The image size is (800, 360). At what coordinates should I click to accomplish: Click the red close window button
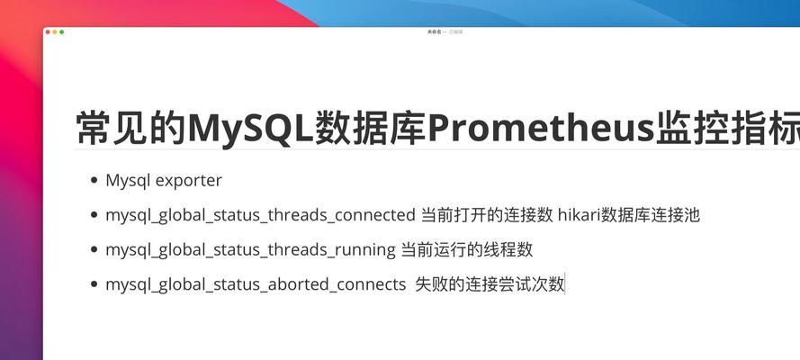(x=48, y=32)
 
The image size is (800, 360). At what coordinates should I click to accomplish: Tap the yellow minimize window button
(x=55, y=32)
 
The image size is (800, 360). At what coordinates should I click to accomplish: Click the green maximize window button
(x=62, y=32)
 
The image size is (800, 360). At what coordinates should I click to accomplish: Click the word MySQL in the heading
(x=250, y=128)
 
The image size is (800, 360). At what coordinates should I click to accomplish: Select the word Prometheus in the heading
(x=540, y=127)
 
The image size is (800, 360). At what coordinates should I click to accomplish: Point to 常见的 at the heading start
(x=130, y=128)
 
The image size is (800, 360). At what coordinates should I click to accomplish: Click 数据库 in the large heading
(x=370, y=128)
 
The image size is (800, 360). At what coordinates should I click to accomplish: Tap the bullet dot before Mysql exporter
(x=94, y=180)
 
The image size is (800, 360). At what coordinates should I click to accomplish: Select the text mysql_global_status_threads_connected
(x=260, y=216)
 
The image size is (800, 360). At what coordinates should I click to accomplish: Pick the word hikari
(x=580, y=215)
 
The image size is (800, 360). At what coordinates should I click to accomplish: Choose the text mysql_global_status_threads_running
(x=250, y=250)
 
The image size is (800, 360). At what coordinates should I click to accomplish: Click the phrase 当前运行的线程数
(x=467, y=250)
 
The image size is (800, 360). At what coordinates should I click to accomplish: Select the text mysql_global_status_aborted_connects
(x=256, y=285)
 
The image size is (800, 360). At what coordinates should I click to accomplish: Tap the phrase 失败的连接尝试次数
(x=490, y=284)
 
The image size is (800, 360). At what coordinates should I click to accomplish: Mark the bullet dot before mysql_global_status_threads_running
(x=94, y=249)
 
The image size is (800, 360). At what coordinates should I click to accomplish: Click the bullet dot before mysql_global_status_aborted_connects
(x=94, y=284)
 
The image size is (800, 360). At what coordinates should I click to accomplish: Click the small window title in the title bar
(x=445, y=32)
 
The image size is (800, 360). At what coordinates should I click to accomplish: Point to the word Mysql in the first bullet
(x=128, y=181)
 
